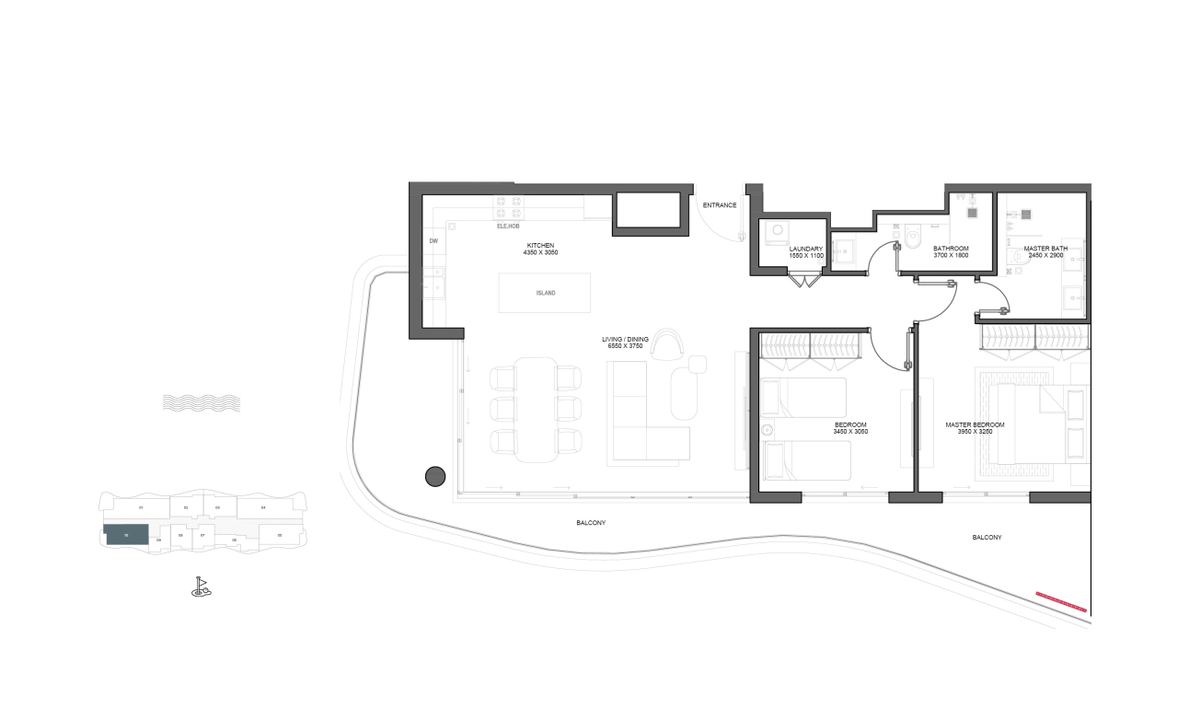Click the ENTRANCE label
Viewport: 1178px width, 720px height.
[720, 204]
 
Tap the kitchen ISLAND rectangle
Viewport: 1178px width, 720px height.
[546, 293]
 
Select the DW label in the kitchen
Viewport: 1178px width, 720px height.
[433, 241]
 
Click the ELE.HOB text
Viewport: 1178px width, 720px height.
[508, 225]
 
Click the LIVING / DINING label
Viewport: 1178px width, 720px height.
[625, 343]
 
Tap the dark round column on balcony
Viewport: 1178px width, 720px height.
[435, 476]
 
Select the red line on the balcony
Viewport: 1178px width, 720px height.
[1061, 602]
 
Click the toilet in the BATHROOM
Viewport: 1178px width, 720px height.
[912, 238]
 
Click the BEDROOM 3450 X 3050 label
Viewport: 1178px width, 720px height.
[849, 428]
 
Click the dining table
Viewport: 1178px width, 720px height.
[536, 409]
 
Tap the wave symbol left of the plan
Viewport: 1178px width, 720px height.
[201, 402]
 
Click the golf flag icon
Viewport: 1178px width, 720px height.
[201, 586]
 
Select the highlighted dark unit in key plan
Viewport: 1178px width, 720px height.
[127, 535]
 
